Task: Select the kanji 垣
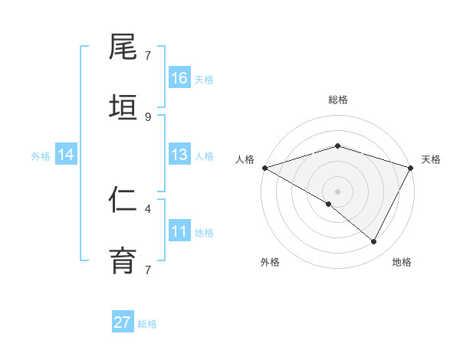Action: pyautogui.click(x=123, y=107)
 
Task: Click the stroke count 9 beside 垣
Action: pyautogui.click(x=148, y=116)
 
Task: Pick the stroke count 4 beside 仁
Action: pyautogui.click(x=148, y=208)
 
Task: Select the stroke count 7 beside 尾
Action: pyautogui.click(x=148, y=55)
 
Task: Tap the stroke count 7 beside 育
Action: pyautogui.click(x=148, y=269)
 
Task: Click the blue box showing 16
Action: pyautogui.click(x=179, y=78)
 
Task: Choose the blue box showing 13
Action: pyautogui.click(x=179, y=155)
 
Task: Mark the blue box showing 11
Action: pyautogui.click(x=179, y=231)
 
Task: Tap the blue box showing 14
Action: pyautogui.click(x=66, y=155)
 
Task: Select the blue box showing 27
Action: pyautogui.click(x=123, y=322)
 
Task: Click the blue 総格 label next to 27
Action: pyautogui.click(x=147, y=324)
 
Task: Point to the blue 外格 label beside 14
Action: pyautogui.click(x=41, y=156)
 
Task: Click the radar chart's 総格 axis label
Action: pyautogui.click(x=337, y=100)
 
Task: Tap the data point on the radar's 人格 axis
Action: pyautogui.click(x=264, y=168)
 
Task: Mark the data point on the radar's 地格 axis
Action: pyautogui.click(x=374, y=242)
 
